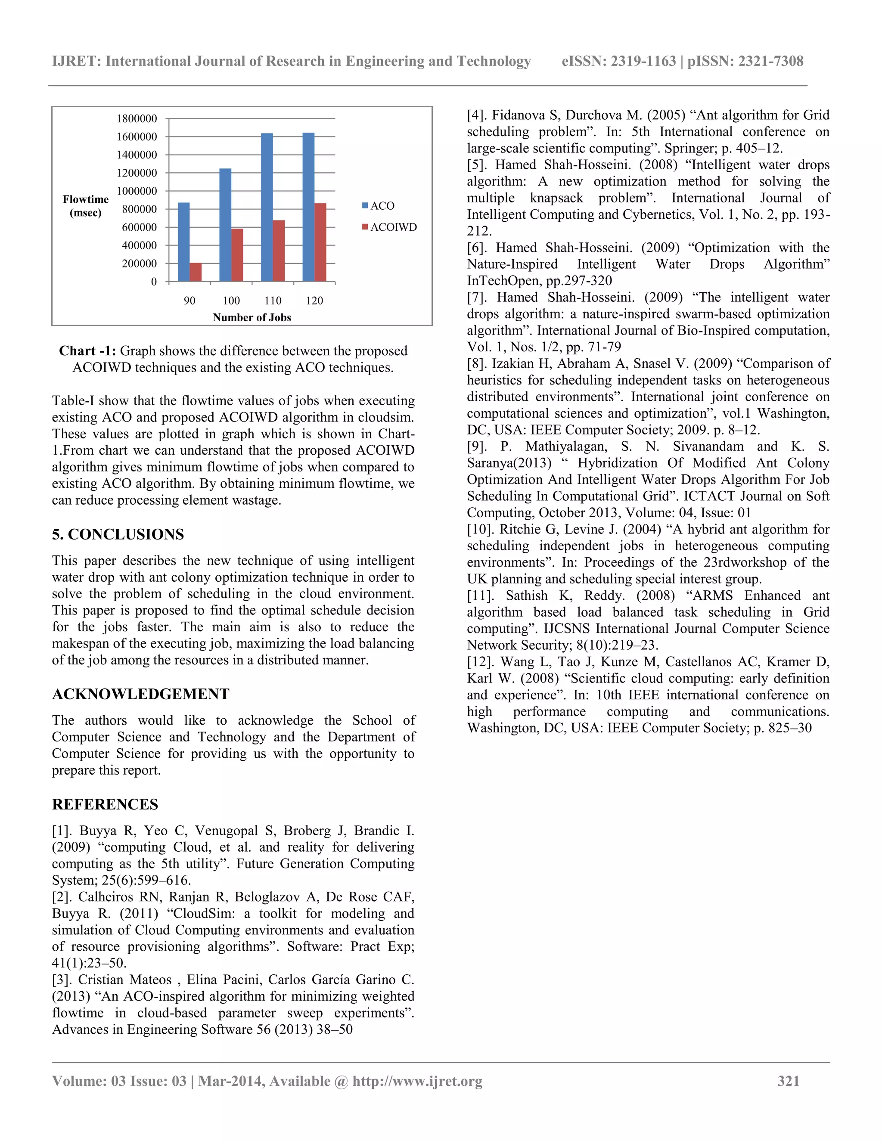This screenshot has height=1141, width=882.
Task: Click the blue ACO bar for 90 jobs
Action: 184,242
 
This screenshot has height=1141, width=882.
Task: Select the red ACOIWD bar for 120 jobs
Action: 320,242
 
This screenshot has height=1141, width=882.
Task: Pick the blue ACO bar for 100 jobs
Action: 225,225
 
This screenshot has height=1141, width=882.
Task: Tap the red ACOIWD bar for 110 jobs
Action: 279,251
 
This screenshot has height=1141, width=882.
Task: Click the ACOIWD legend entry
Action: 390,227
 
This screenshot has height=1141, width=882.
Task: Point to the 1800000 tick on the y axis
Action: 137,118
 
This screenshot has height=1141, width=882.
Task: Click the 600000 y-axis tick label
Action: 139,227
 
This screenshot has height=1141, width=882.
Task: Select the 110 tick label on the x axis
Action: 273,301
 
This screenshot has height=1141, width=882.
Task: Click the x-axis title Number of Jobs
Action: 252,317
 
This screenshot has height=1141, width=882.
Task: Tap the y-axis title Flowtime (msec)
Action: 86,206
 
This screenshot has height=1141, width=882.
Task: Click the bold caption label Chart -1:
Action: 87,350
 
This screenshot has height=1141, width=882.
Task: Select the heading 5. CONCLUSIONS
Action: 118,534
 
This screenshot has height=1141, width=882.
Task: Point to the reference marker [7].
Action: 477,297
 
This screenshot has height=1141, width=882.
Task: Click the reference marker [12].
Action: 480,662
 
